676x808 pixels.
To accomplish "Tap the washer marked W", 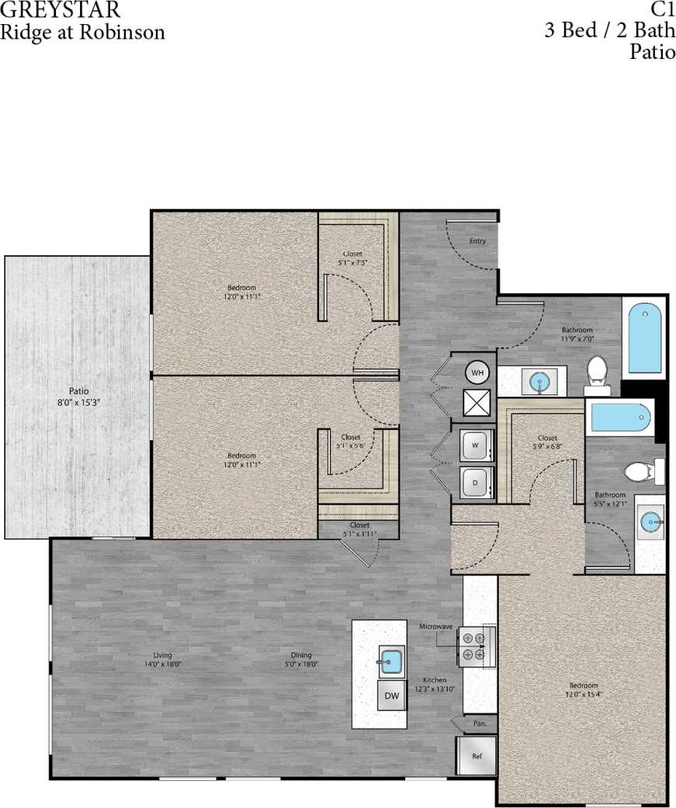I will coord(473,446).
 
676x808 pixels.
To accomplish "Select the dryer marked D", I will coord(473,482).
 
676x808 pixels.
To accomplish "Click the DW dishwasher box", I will coord(393,696).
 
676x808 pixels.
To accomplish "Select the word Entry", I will coord(477,241).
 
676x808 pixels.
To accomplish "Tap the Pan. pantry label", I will coord(480,723).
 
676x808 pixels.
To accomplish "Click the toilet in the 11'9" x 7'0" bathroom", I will coord(597,371).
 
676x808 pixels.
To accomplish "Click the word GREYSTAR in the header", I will coord(60,11).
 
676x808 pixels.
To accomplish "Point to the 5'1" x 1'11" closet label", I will coord(359,529).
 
